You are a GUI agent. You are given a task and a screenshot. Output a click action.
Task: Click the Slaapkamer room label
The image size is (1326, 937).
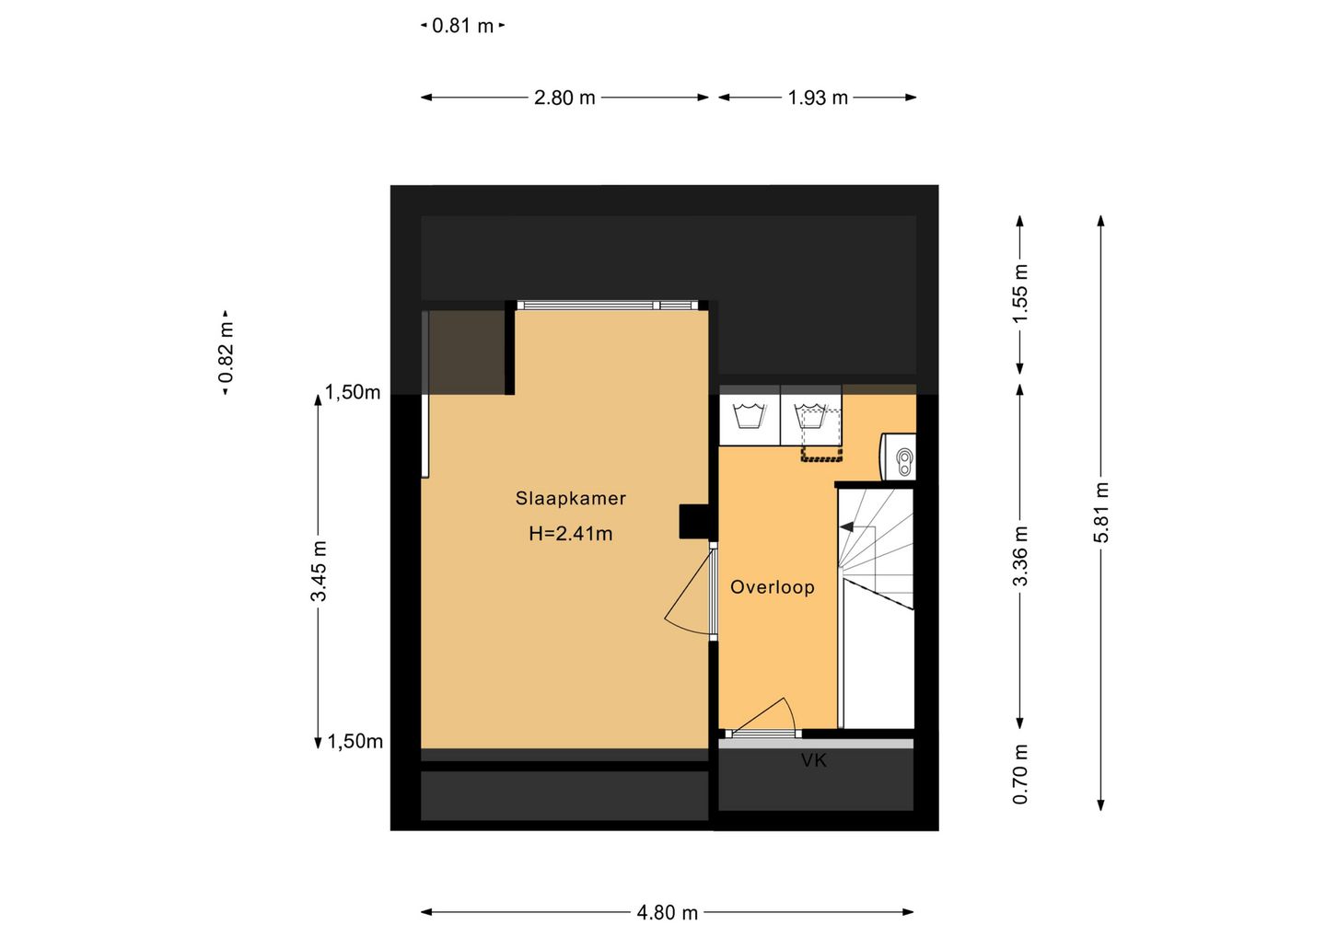[x=571, y=499]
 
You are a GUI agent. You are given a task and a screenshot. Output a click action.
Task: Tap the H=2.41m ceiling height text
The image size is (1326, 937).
[x=571, y=534]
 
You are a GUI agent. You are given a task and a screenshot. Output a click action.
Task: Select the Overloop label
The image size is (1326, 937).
[x=773, y=587]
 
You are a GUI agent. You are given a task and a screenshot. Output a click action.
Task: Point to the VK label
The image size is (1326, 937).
[x=814, y=760]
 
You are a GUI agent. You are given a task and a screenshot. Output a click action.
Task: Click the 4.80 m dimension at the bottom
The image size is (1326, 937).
[x=667, y=913]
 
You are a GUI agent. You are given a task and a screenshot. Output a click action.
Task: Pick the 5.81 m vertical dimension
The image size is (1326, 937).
[x=1101, y=513]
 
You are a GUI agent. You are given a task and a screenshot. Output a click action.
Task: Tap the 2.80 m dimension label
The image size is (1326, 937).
[x=564, y=98]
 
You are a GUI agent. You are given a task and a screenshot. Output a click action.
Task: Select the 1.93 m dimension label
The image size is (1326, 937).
[x=818, y=98]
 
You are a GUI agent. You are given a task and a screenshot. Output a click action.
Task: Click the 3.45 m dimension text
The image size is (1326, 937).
[x=319, y=571]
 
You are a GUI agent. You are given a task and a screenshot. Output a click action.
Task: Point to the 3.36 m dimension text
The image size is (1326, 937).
[x=1020, y=556]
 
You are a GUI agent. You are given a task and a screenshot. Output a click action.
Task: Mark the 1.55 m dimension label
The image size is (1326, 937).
[x=1020, y=294]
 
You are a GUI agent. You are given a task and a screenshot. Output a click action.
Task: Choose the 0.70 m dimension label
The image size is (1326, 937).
[x=1020, y=774]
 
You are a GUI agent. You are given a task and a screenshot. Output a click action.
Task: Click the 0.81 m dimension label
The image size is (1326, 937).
[x=463, y=26]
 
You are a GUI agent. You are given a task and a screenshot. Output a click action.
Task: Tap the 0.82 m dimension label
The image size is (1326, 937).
[x=226, y=353]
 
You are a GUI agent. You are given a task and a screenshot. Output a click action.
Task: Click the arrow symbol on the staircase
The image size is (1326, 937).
[x=847, y=526]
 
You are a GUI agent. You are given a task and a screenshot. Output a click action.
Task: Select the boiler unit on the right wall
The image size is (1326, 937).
[x=899, y=457]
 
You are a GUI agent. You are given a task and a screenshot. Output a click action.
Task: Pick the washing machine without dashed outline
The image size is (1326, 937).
[x=750, y=415]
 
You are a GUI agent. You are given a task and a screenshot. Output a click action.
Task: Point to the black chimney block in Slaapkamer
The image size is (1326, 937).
[x=693, y=521]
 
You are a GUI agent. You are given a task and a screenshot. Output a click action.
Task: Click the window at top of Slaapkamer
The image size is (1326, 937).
[x=608, y=306]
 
